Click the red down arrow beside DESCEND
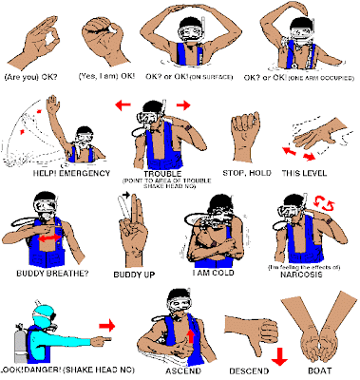point(278,355)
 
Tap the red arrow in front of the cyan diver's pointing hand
point(106,326)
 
